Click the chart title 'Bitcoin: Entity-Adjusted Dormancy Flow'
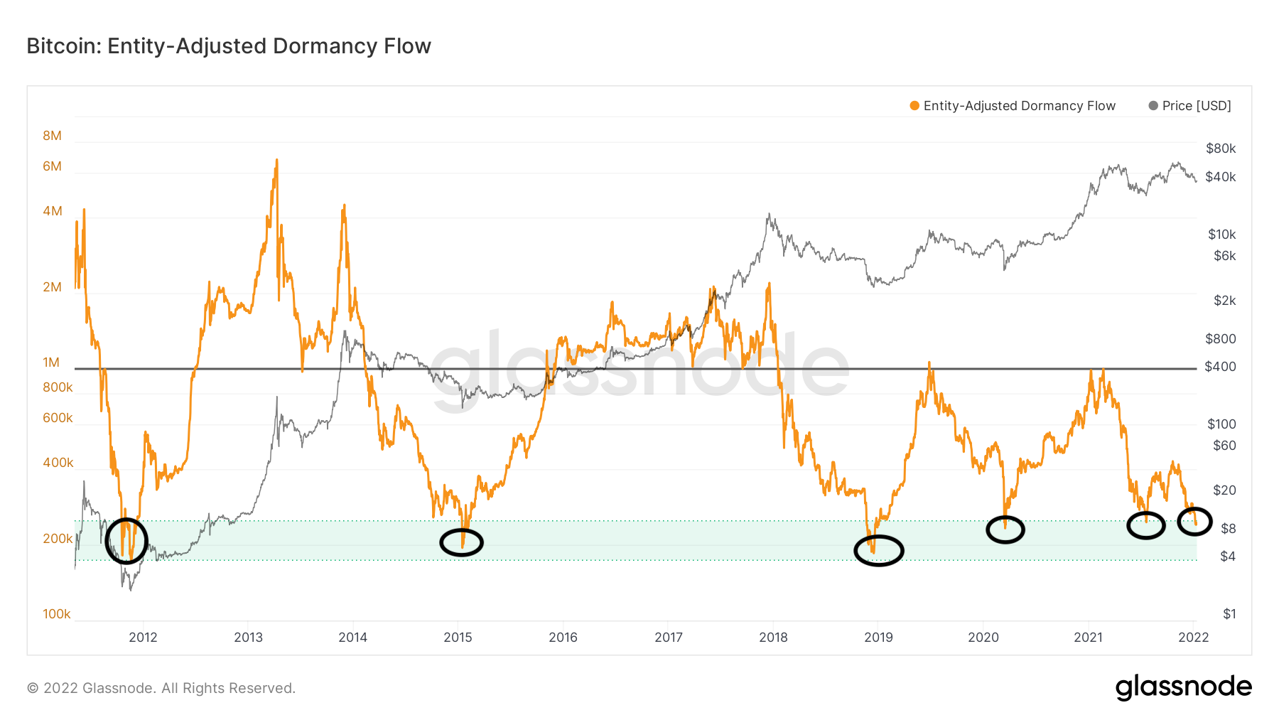[x=229, y=46]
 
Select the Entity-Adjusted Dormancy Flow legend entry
[x=1013, y=106]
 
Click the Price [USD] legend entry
[x=1190, y=106]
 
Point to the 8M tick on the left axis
[x=52, y=136]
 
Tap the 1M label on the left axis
[x=51, y=362]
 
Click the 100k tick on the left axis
[x=57, y=614]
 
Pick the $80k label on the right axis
[x=1221, y=149]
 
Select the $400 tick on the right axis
[x=1220, y=367]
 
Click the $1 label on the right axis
[x=1229, y=614]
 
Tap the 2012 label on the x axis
[x=143, y=638]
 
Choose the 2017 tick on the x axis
[x=669, y=638]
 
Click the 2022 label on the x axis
[x=1194, y=638]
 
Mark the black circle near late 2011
[x=126, y=541]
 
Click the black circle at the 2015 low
[x=461, y=543]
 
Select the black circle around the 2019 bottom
[x=879, y=550]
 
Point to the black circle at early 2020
[x=1005, y=530]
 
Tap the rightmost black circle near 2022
[x=1194, y=522]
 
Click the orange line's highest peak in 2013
[x=276, y=161]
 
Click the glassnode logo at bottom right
[x=1183, y=687]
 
